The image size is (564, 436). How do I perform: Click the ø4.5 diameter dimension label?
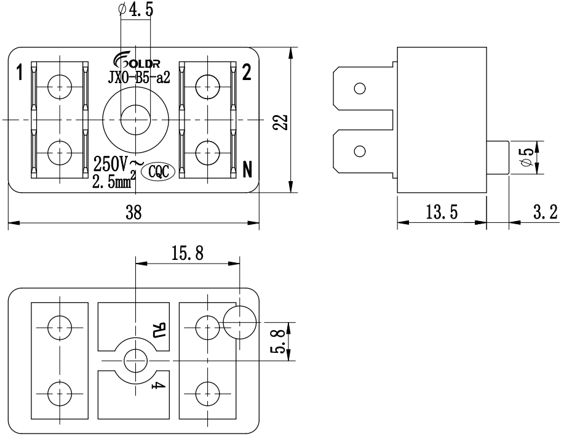[x=135, y=9]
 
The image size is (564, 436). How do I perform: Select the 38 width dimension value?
[x=134, y=212]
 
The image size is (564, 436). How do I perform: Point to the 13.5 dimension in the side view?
[x=442, y=212]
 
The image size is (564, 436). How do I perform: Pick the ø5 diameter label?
[x=527, y=157]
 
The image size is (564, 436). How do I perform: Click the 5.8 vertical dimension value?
[x=282, y=342]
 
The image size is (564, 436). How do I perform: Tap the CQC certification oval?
[x=158, y=172]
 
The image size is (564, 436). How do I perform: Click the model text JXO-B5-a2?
[x=139, y=77]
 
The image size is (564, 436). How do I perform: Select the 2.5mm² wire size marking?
[x=114, y=180]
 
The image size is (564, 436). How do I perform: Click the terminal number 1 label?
[x=20, y=73]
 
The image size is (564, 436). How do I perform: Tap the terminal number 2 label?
[x=247, y=72]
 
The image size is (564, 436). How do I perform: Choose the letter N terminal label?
[x=247, y=169]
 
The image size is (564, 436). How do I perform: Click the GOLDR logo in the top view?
[x=137, y=62]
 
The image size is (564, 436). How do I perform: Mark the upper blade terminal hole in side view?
[x=360, y=88]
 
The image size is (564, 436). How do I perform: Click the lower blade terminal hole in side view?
[x=360, y=151]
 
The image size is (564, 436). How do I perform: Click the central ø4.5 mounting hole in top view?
[x=135, y=119]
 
